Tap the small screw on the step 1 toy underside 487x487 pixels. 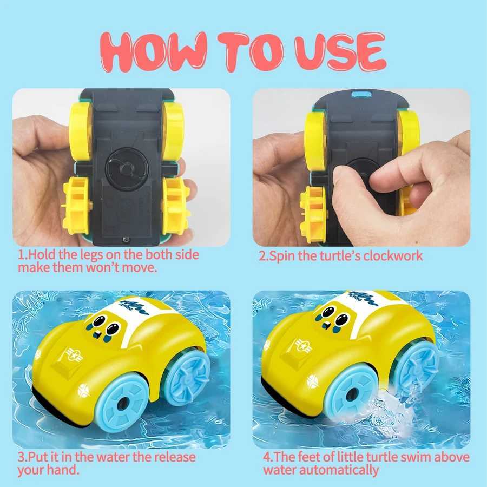click(x=126, y=238)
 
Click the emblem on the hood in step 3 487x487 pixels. click(x=71, y=355)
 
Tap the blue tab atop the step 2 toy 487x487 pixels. click(x=358, y=95)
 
